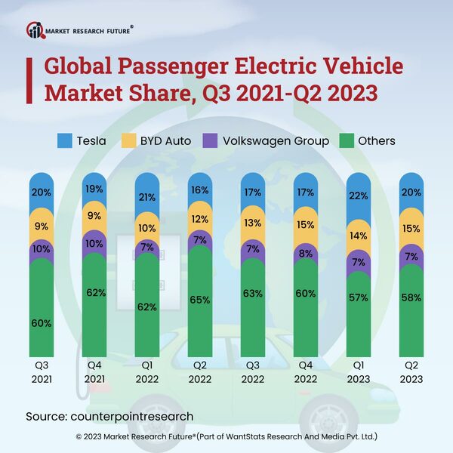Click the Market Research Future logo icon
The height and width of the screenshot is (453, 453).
pos(35,29)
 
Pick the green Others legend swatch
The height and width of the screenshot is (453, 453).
pos(347,140)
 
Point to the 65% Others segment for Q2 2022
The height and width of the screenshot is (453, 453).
pos(199,300)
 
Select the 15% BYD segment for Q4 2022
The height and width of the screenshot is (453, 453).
pos(305,224)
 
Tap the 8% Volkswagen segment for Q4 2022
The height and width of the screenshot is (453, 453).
pos(305,254)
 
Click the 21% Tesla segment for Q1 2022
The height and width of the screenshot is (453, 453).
pos(146,197)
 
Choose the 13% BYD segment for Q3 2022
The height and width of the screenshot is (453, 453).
pos(252,222)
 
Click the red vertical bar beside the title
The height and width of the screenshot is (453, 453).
pos(30,79)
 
